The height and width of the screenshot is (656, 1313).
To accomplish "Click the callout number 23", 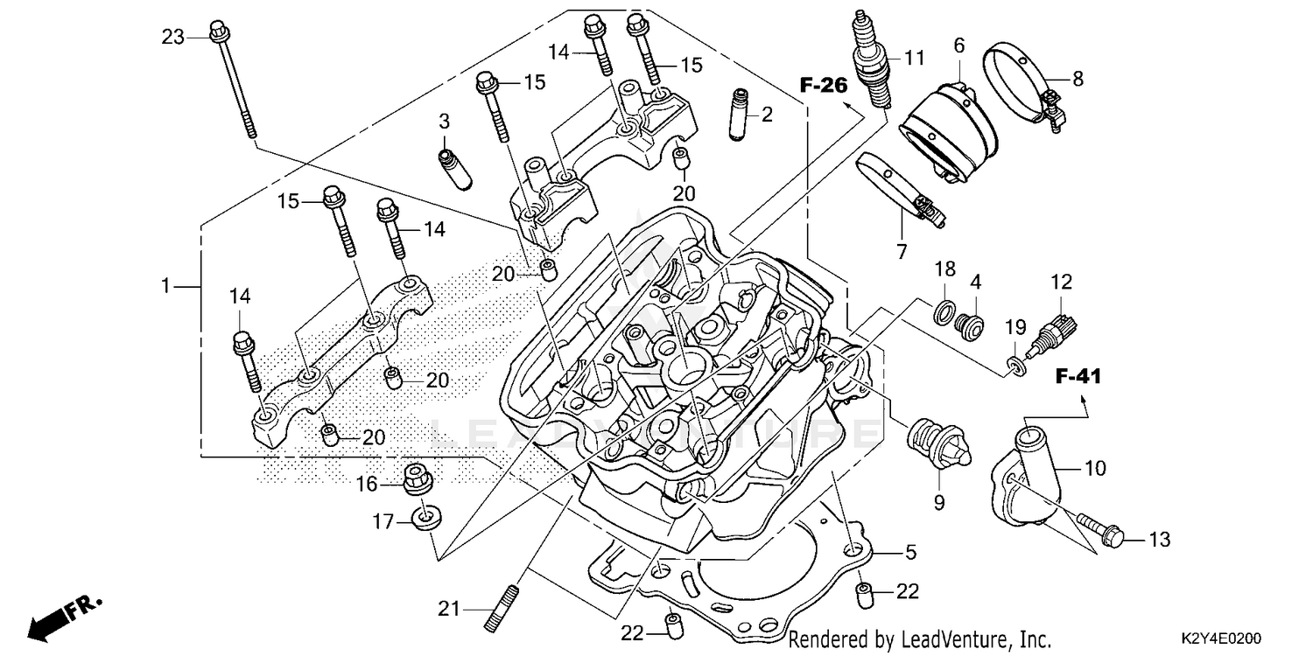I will click(172, 37).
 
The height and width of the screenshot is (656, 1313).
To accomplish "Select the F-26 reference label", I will click(824, 85).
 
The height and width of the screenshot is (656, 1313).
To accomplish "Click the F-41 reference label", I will click(1077, 377).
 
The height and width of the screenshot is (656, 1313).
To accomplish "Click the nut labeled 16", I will click(417, 478).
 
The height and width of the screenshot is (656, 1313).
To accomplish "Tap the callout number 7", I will click(901, 253).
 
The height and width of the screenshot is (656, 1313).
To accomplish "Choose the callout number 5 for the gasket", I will click(910, 552).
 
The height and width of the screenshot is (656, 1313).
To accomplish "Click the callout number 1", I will click(165, 286).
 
